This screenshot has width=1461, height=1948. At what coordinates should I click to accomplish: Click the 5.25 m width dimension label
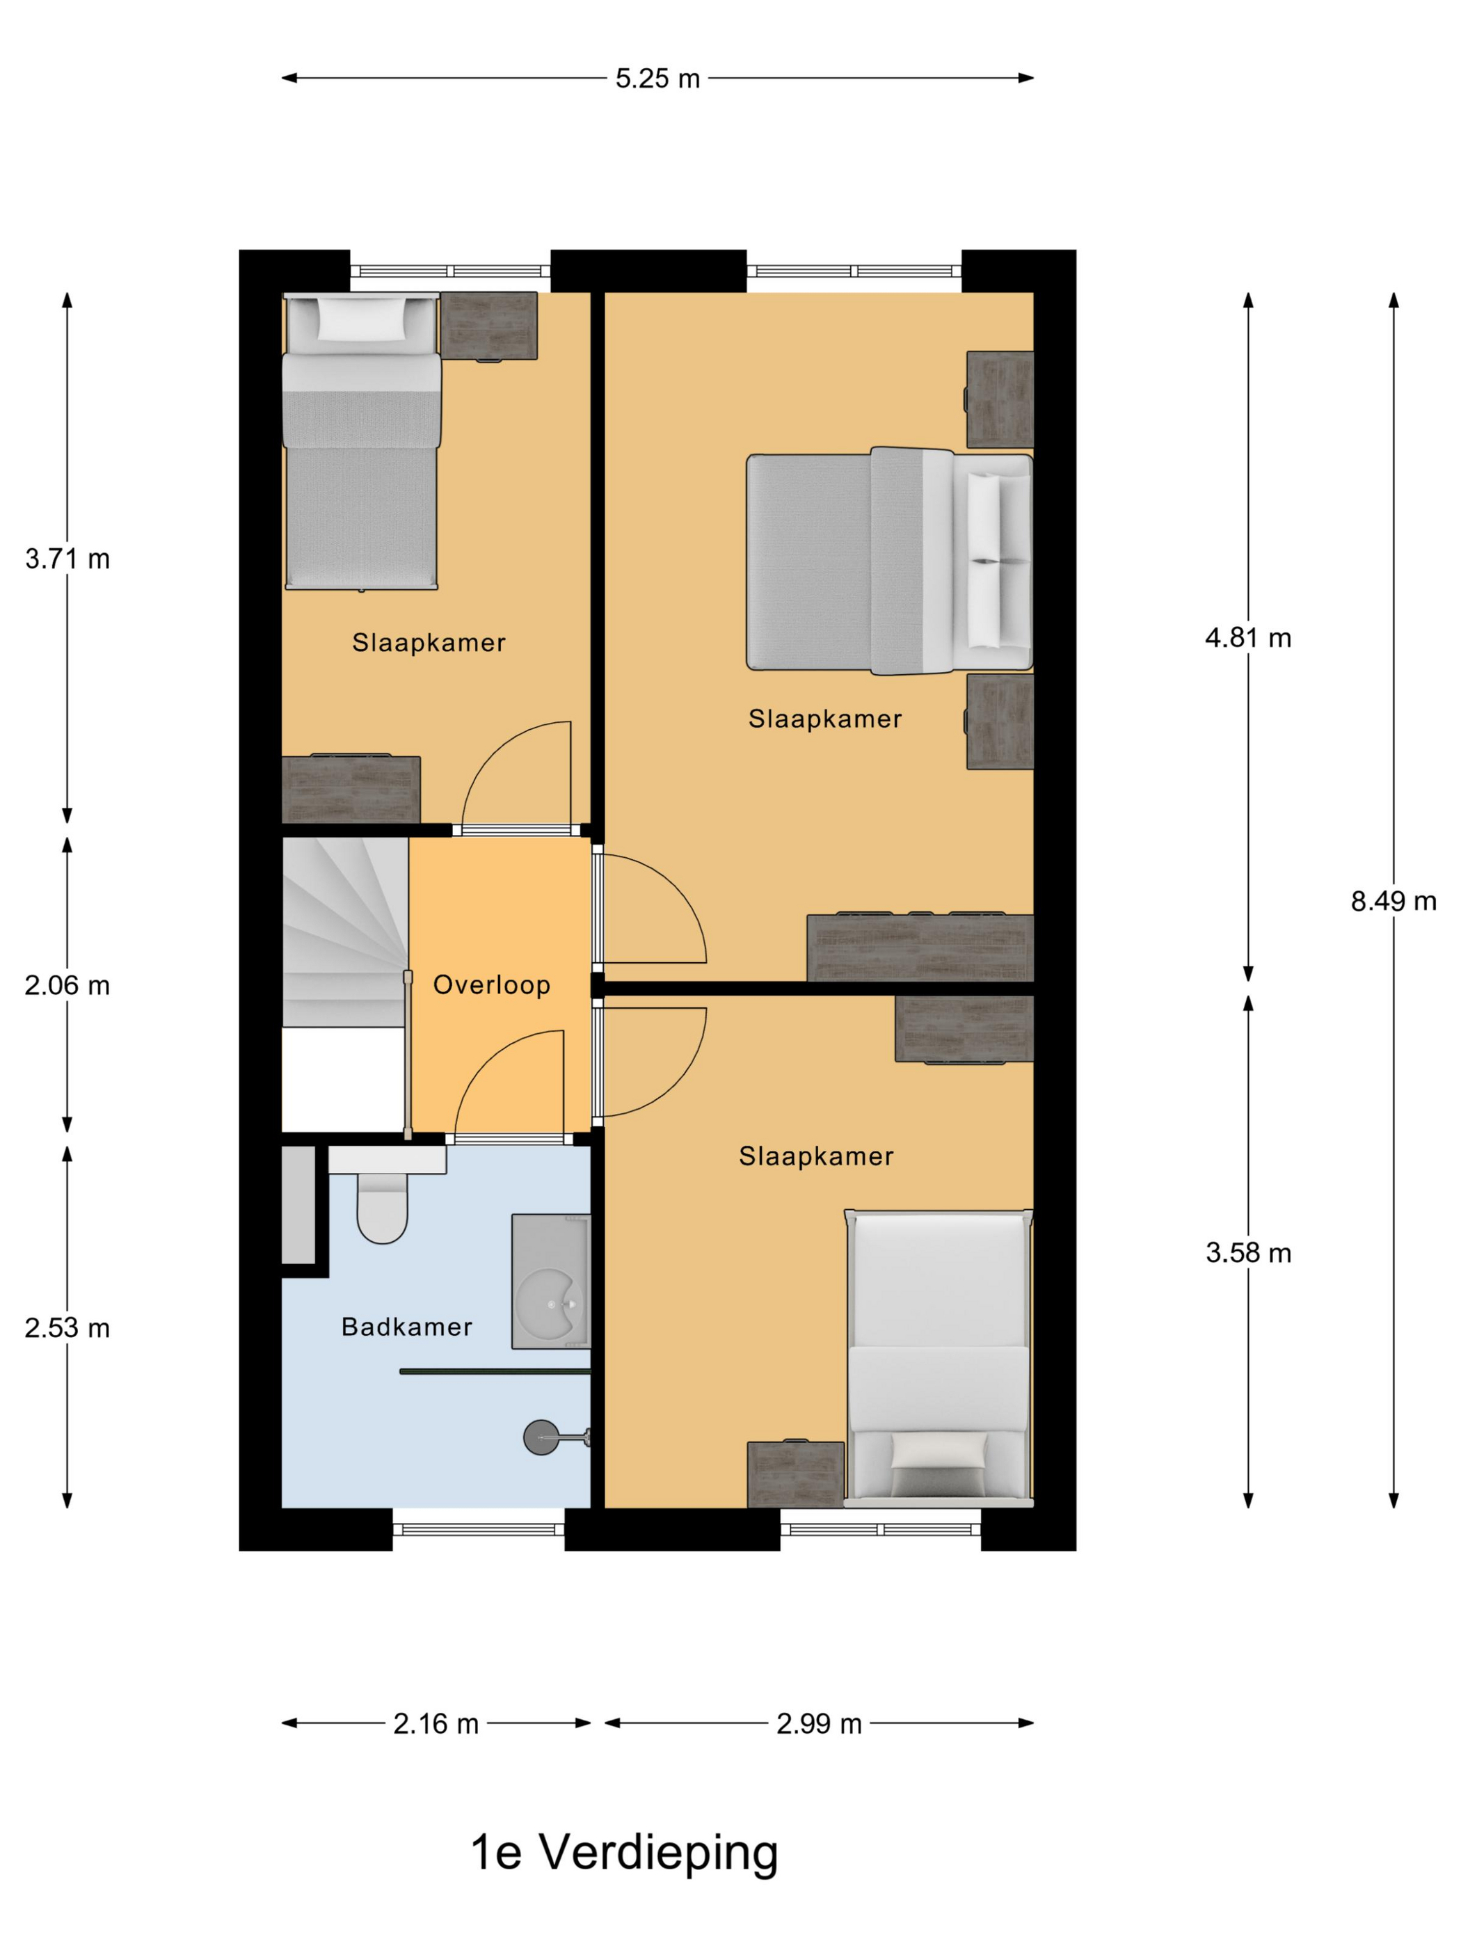pyautogui.click(x=657, y=79)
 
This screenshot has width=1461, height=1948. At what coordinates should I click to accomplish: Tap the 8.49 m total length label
pyautogui.click(x=1394, y=901)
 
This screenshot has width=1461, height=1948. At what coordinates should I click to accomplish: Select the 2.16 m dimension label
pyautogui.click(x=436, y=1723)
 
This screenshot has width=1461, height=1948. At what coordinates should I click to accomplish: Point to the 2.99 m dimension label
pyautogui.click(x=819, y=1723)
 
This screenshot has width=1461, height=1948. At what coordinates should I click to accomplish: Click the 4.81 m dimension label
pyautogui.click(x=1248, y=637)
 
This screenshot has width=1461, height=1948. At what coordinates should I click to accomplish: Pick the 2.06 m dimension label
pyautogui.click(x=67, y=984)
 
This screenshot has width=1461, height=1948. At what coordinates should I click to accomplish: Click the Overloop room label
pyautogui.click(x=491, y=984)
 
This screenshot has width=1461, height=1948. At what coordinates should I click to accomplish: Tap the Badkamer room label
pyautogui.click(x=407, y=1326)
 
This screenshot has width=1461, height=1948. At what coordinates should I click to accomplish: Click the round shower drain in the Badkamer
pyautogui.click(x=541, y=1437)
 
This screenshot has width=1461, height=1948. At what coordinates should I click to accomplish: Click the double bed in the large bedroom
pyautogui.click(x=889, y=562)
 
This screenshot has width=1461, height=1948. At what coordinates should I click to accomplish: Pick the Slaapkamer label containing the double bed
pyautogui.click(x=825, y=719)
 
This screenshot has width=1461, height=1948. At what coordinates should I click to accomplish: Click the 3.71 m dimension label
pyautogui.click(x=67, y=559)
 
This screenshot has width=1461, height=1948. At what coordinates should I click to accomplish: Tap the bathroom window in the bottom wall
pyautogui.click(x=478, y=1530)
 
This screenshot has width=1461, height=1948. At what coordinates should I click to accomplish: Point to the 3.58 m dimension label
pyautogui.click(x=1248, y=1252)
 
